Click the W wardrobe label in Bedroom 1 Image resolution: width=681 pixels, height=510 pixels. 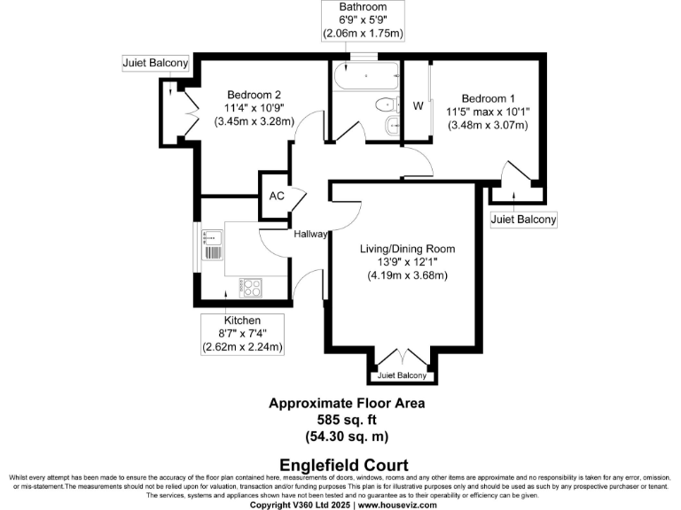418,105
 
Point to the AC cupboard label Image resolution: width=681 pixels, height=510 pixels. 276,196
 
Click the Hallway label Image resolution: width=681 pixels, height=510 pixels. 311,235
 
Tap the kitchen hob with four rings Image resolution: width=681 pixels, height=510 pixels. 252,287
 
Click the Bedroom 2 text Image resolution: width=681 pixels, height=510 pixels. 254,96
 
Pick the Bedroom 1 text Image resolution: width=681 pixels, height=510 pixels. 488,98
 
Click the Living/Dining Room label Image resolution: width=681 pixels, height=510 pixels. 407,249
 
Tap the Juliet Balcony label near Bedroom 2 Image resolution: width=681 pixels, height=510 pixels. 155,63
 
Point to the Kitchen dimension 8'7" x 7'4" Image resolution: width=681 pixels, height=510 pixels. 242,333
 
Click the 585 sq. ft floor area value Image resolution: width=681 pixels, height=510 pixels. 347,420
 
